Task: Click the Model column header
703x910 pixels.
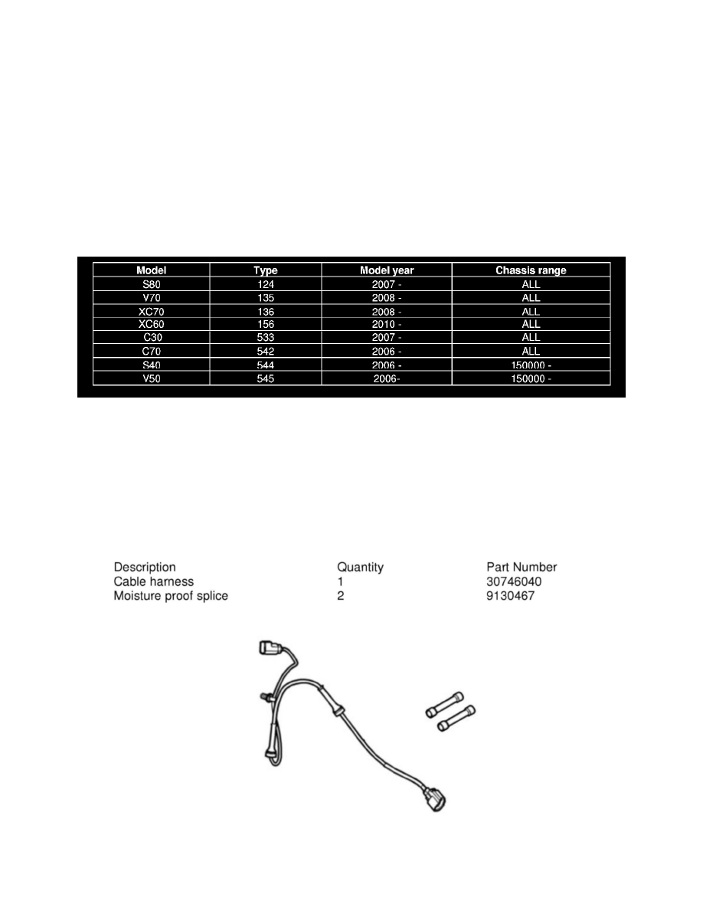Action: coord(152,270)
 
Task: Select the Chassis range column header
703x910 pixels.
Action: coord(531,270)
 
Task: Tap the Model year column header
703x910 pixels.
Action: coord(387,270)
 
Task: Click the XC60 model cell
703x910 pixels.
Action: coord(152,324)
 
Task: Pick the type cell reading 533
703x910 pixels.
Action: coord(265,337)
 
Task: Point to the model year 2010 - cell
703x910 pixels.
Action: coord(387,324)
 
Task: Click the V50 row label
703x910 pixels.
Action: coord(152,378)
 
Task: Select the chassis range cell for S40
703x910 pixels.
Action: coord(531,365)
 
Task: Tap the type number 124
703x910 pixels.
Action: coord(265,284)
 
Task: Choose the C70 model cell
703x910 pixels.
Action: coord(152,351)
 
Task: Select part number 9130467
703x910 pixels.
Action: coord(510,595)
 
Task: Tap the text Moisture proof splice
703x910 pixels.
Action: coord(171,595)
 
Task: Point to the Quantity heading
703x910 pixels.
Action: coord(360,568)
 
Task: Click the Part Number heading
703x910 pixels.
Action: coord(522,568)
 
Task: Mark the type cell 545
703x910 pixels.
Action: coord(265,378)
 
